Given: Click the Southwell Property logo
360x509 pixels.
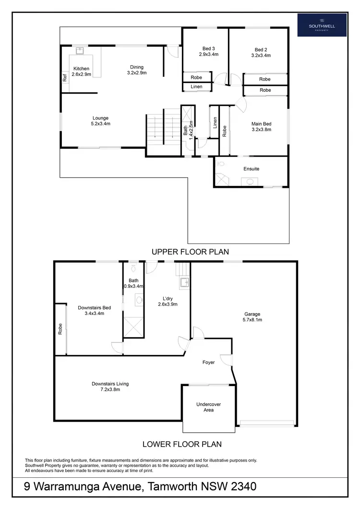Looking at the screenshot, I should pos(322,24).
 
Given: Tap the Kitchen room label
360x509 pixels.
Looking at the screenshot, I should pos(81,72).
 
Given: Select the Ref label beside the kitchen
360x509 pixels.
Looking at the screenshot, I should pos(64,77).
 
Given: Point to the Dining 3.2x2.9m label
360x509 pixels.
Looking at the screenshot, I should pos(137,70).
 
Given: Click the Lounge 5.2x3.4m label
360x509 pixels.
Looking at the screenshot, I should pos(100,121).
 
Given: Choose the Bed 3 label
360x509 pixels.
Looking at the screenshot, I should pos(208,51).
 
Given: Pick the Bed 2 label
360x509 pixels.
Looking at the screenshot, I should pos(261,52).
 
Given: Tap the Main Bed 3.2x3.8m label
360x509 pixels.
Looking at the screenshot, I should pos(261,126).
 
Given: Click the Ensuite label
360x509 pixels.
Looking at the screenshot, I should pos(252,169).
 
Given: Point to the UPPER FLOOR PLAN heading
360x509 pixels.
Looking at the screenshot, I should pos(190,251).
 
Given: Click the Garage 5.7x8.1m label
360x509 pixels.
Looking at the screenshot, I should pos(252,316).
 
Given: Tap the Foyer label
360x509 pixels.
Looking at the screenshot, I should pos(208,362).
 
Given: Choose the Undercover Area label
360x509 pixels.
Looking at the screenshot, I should pos(208,407).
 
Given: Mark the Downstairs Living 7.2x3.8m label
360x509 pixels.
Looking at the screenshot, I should pos(110,387).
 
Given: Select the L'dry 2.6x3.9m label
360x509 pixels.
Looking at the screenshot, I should pos(168,301).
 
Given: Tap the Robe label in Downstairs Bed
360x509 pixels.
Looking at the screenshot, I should pos(60,329).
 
